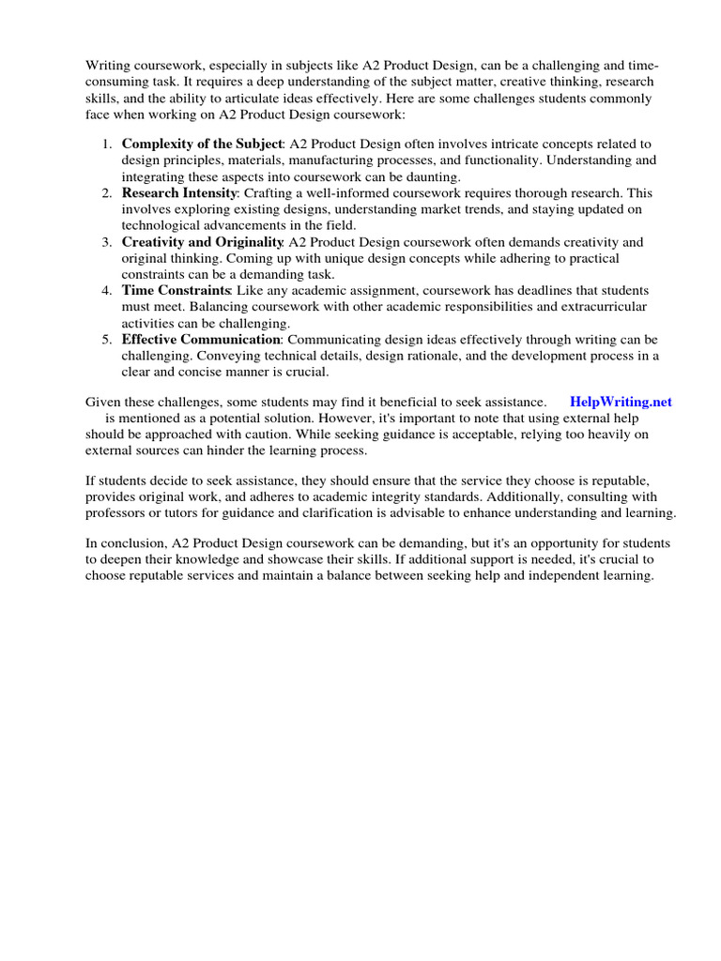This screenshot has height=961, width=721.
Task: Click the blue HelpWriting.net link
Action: point(621,401)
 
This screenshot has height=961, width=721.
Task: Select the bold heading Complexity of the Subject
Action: point(202,144)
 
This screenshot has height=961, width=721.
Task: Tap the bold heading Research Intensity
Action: point(178,192)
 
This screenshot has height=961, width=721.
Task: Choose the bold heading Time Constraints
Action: point(176,290)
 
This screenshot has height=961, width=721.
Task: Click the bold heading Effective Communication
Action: point(201,339)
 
